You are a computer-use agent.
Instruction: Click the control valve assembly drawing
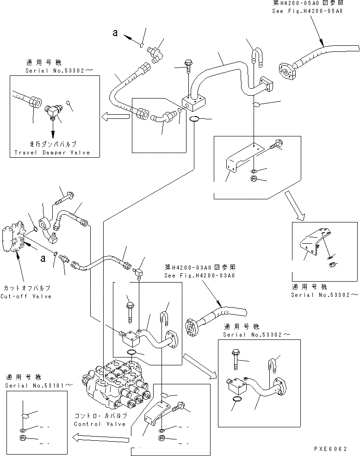click(118, 384)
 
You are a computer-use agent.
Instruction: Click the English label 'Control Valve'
click(93, 424)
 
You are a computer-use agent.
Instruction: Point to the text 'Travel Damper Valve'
click(51, 152)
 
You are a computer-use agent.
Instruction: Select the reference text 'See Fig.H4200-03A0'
click(199, 276)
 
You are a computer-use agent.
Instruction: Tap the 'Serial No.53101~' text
click(39, 385)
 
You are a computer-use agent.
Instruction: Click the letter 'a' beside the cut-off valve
click(43, 259)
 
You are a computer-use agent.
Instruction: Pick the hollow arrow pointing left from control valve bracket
click(99, 435)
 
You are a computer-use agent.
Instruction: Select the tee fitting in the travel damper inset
click(52, 110)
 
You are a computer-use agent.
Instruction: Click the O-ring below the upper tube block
click(195, 120)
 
